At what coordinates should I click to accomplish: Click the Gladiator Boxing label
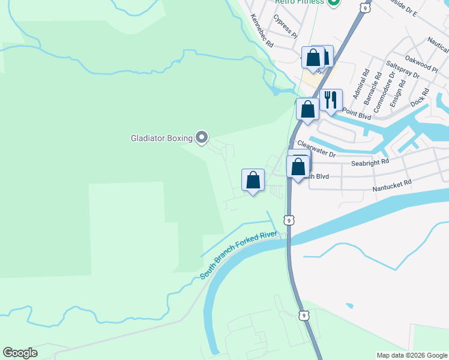click(161, 139)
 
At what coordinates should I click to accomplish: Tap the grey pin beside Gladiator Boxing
click(202, 139)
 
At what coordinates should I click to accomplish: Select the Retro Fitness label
click(299, 2)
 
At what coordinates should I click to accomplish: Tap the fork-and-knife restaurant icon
click(331, 100)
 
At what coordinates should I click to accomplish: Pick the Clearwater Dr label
click(316, 149)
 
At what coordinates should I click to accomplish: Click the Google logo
click(20, 353)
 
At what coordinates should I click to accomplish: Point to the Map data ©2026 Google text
click(412, 355)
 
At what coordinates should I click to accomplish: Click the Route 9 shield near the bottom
click(305, 315)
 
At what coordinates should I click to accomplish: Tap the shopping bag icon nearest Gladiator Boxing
click(253, 180)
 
